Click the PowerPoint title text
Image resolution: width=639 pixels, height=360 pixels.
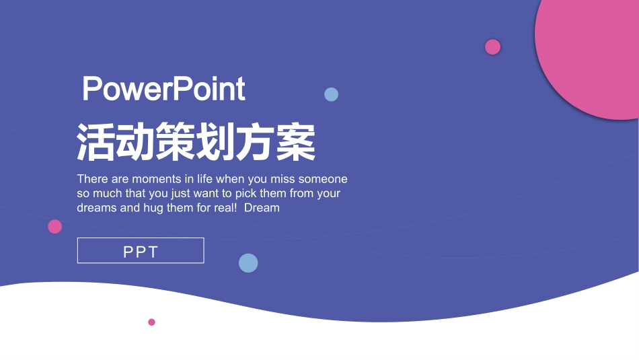pos(163,89)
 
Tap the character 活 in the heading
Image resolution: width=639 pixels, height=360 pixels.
pos(97,142)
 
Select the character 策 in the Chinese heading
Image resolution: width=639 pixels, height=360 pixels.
pos(176,142)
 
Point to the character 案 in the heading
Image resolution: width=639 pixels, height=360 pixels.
pos(295,142)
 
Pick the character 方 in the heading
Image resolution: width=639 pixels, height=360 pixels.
pos(256,142)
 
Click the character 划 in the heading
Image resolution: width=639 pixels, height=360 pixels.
pos(216,142)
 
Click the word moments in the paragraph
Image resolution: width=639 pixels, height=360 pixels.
pos(157,179)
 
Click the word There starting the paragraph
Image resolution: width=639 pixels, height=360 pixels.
pos(91,179)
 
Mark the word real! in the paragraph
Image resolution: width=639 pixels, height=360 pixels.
pos(225,208)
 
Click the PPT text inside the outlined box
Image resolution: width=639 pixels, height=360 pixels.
pos(141,252)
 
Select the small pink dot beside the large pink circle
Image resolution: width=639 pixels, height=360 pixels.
pos(493,46)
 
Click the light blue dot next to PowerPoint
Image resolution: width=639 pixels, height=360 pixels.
pos(331,94)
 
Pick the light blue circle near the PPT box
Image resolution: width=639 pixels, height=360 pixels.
pos(248,263)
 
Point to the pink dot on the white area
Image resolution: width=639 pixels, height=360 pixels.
pos(151,322)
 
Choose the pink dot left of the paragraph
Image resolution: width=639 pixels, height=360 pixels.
pos(55,227)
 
